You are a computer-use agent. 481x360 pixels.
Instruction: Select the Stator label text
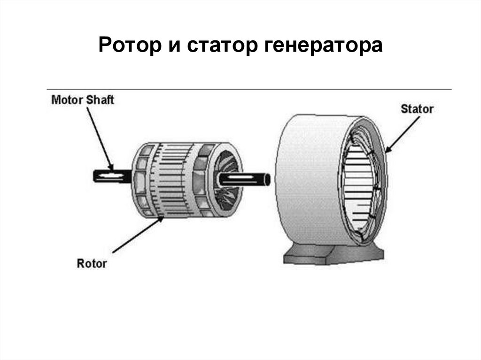tap(417, 109)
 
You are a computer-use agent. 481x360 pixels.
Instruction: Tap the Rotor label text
tap(92, 263)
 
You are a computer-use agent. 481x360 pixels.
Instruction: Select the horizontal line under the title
tap(249, 89)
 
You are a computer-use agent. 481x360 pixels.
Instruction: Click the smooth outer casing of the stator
tap(305, 178)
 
